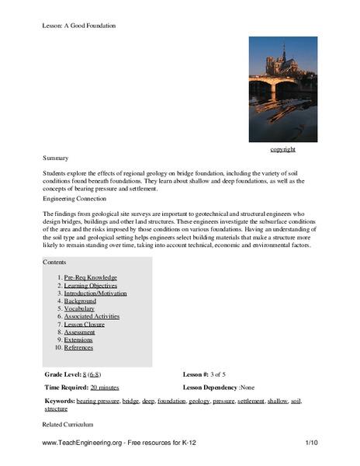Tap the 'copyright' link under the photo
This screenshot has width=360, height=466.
[x=282, y=148]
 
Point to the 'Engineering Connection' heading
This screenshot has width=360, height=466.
[x=73, y=198]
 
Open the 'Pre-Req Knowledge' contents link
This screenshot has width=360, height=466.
[x=91, y=276]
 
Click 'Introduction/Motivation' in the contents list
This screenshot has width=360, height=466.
[x=95, y=293]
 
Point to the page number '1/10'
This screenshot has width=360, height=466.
[x=311, y=442]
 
